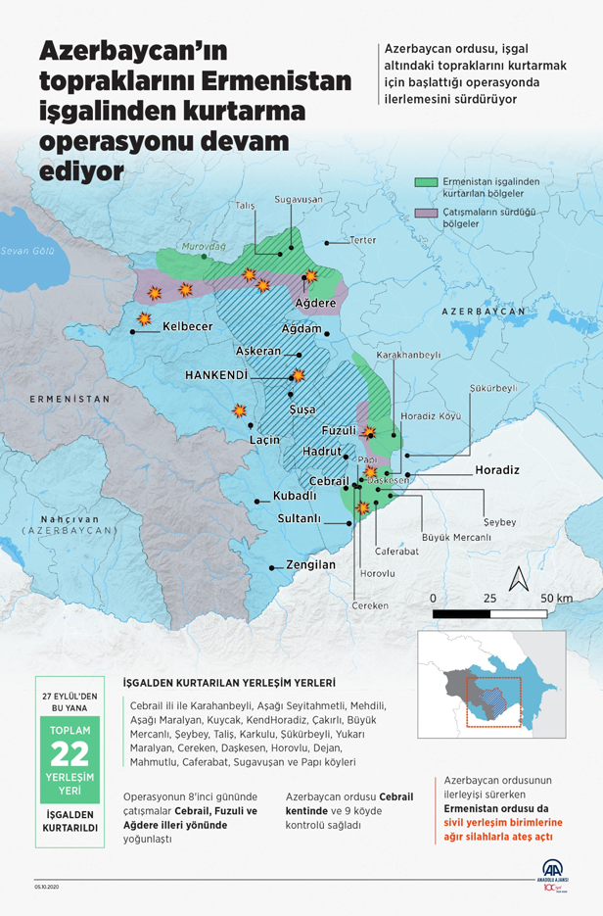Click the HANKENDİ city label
(215, 374)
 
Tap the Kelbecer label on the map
(187, 326)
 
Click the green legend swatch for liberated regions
(425, 181)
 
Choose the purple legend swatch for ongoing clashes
(425, 213)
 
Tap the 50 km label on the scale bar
(556, 598)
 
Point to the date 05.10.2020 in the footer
(47, 889)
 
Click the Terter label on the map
(363, 240)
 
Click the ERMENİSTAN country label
(70, 400)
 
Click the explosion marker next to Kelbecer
(144, 319)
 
